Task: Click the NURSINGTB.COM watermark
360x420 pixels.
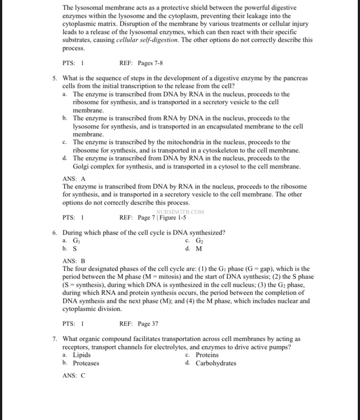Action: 180,212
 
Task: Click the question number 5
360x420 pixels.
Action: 54,78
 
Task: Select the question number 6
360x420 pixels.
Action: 54,232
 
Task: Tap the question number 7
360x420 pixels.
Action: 54,339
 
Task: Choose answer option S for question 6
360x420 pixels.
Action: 75,249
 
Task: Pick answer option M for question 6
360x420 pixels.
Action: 199,249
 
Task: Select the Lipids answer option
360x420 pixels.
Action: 82,355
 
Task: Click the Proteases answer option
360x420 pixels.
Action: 86,363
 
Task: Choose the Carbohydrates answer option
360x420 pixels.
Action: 216,363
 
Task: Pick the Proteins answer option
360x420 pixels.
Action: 207,355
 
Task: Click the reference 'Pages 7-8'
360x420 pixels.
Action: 150,63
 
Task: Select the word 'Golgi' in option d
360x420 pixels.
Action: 80,167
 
